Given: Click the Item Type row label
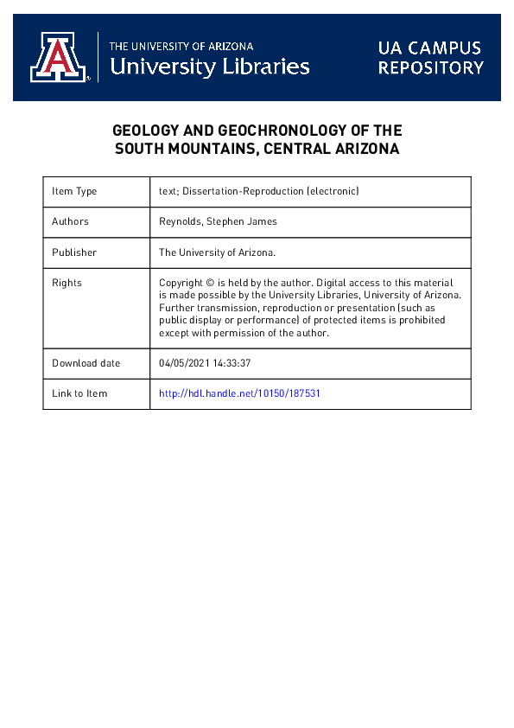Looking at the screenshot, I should tap(74, 191).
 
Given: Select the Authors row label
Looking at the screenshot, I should tap(70, 221).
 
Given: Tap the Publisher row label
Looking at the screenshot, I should tap(74, 252).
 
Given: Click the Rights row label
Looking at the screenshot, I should tap(67, 283).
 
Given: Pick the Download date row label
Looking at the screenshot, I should tap(86, 363).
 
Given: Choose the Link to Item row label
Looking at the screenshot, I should tap(79, 393).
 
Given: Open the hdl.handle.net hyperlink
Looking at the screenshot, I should tap(240, 393).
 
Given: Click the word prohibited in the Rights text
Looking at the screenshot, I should tap(397, 320).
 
